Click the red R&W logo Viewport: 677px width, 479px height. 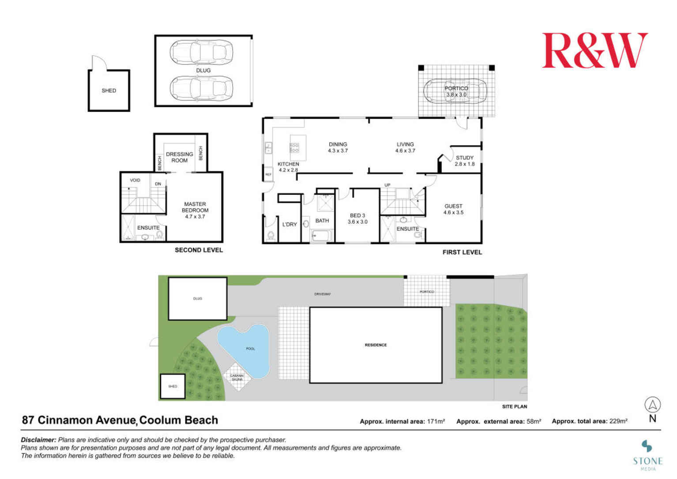coord(594,50)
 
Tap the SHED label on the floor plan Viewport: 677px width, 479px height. coord(109,91)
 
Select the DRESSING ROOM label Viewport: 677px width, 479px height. coord(179,157)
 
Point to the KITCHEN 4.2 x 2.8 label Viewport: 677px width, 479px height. coord(288,167)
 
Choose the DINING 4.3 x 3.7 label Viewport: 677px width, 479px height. coord(338,147)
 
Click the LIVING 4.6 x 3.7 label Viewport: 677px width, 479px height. coord(405,147)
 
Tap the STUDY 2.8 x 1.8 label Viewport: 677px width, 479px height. coord(464,161)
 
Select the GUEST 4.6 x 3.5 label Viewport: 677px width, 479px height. coord(453,209)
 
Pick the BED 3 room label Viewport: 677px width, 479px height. coord(357,219)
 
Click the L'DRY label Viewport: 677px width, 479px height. coord(290,224)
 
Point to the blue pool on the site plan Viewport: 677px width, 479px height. coord(247,349)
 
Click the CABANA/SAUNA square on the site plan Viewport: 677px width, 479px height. coord(237,377)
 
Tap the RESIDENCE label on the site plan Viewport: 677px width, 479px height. coord(376,345)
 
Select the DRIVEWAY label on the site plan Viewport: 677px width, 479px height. coord(322,294)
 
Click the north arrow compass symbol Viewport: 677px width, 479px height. coord(652,405)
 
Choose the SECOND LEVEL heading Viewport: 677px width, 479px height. coord(199,250)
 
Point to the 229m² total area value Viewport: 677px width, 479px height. coord(618,421)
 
